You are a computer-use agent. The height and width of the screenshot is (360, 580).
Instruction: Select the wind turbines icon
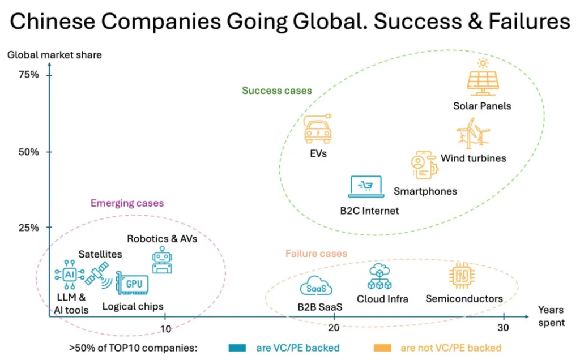pyautogui.click(x=473, y=136)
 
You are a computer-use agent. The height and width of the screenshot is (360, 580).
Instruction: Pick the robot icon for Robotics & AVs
pyautogui.click(x=162, y=260)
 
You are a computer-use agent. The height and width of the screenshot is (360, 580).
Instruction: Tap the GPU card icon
pyautogui.click(x=132, y=282)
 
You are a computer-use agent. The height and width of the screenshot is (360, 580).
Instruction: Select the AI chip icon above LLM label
pyautogui.click(x=70, y=275)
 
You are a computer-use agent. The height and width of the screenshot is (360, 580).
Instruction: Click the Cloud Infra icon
pyautogui.click(x=379, y=277)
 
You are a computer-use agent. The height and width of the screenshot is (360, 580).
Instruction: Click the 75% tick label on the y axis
pyautogui.click(x=29, y=75)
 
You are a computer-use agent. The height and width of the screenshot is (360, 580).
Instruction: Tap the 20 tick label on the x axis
pyautogui.click(x=334, y=328)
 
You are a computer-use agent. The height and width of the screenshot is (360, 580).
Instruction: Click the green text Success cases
pyautogui.click(x=276, y=91)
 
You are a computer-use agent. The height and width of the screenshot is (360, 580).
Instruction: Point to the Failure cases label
pyautogui.click(x=316, y=254)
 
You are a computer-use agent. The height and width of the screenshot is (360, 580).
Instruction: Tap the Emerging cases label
pyautogui.click(x=127, y=203)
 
